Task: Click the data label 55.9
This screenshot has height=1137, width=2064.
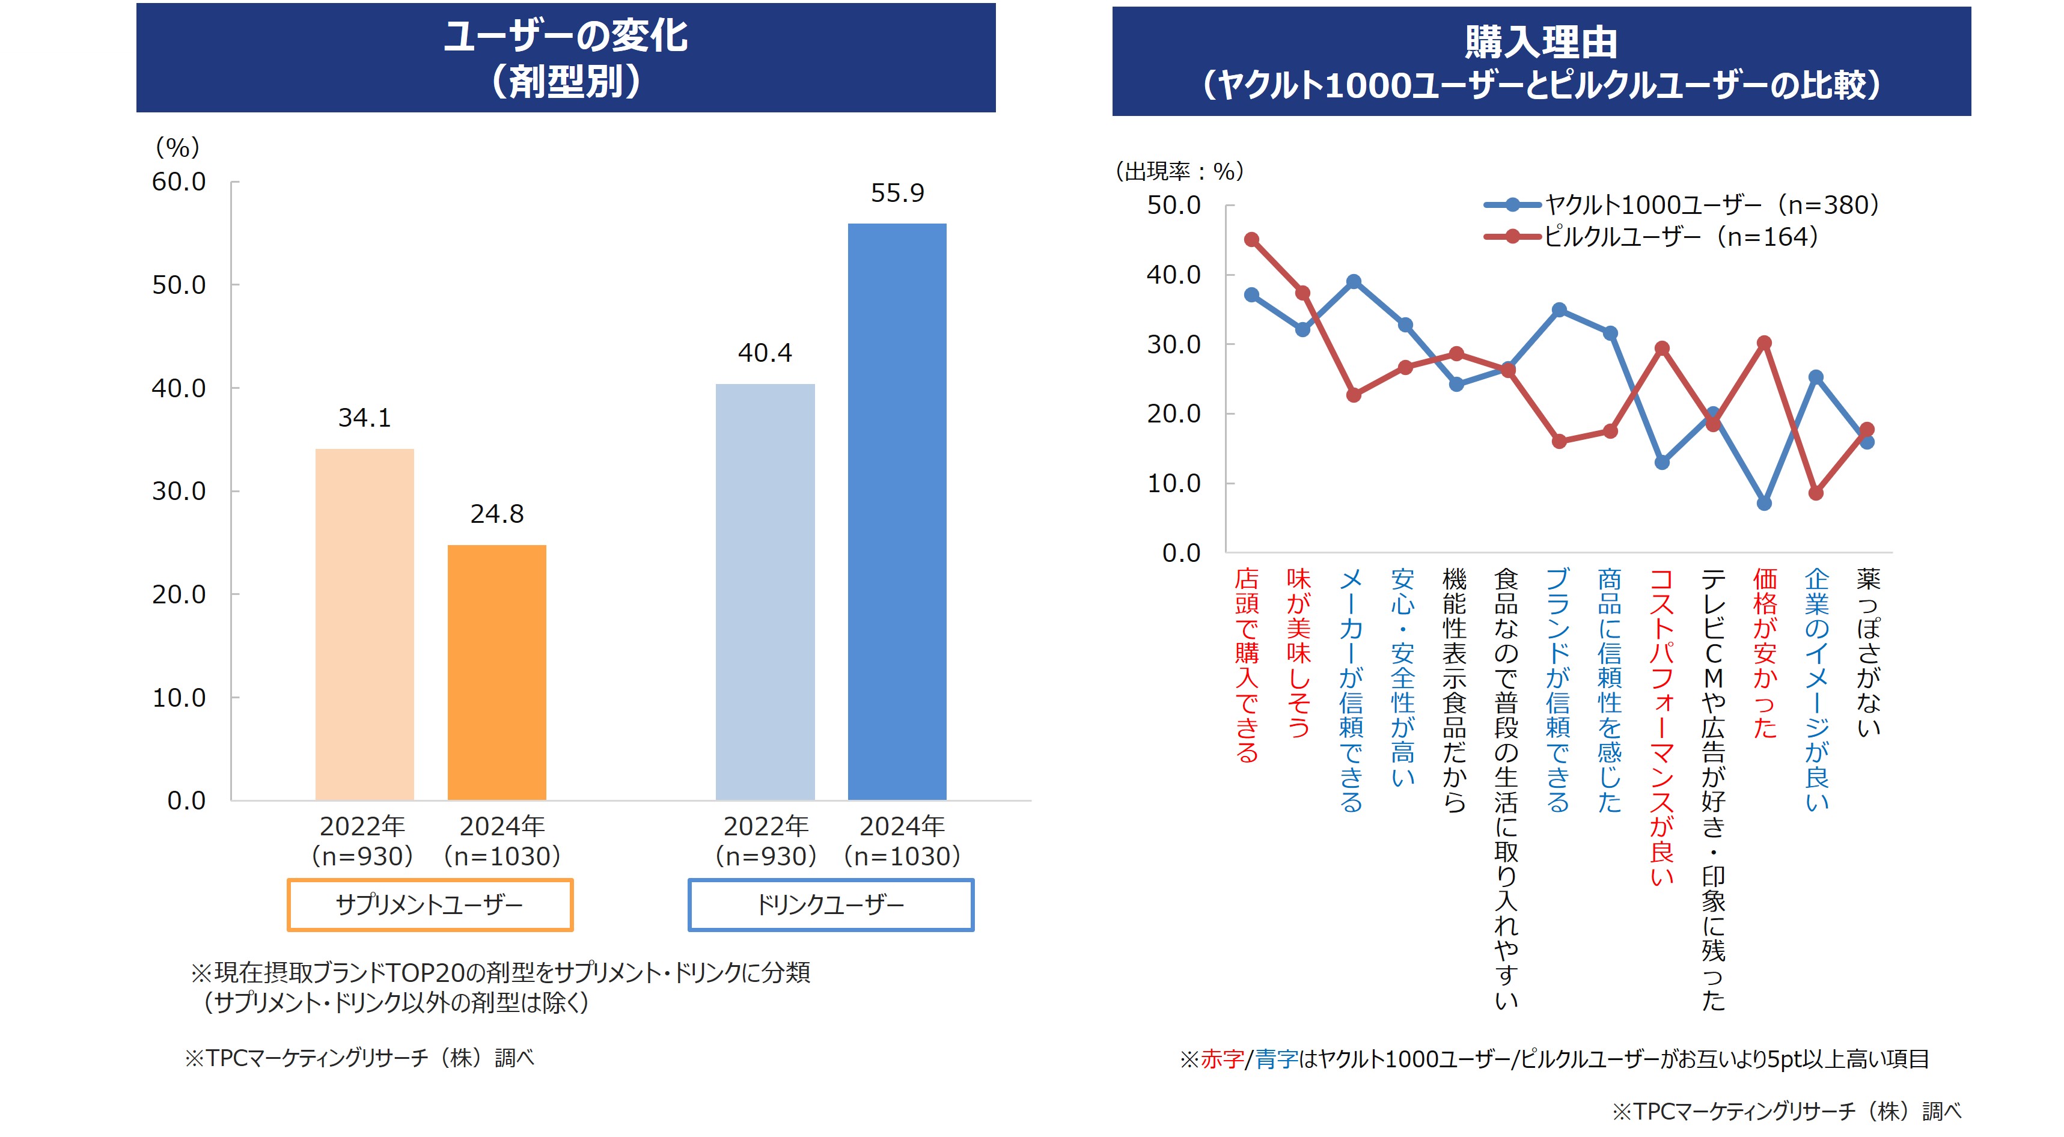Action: coord(897,193)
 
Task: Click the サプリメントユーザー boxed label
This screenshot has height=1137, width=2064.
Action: coord(430,904)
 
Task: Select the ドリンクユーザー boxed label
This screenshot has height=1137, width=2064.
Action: coord(831,904)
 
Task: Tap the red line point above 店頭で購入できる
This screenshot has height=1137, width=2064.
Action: coord(1251,240)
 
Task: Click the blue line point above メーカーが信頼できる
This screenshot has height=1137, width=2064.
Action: coord(1354,282)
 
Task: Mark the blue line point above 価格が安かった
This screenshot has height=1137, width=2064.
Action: coord(1764,503)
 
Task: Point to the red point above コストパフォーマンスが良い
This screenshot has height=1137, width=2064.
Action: coord(1662,349)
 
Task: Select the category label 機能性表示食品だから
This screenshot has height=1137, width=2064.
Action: coord(1455,689)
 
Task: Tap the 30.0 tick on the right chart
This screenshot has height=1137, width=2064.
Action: coord(1174,344)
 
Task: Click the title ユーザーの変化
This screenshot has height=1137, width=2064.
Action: coord(566,36)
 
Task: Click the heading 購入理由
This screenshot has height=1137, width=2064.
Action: coord(1541,41)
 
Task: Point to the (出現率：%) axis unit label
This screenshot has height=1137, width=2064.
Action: coord(1179,171)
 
